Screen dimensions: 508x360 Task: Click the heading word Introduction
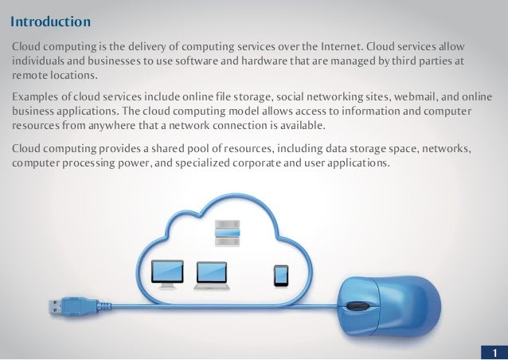pos(50,18)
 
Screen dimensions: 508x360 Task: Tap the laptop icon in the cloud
pos(211,276)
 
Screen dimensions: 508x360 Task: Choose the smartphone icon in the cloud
pos(280,275)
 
